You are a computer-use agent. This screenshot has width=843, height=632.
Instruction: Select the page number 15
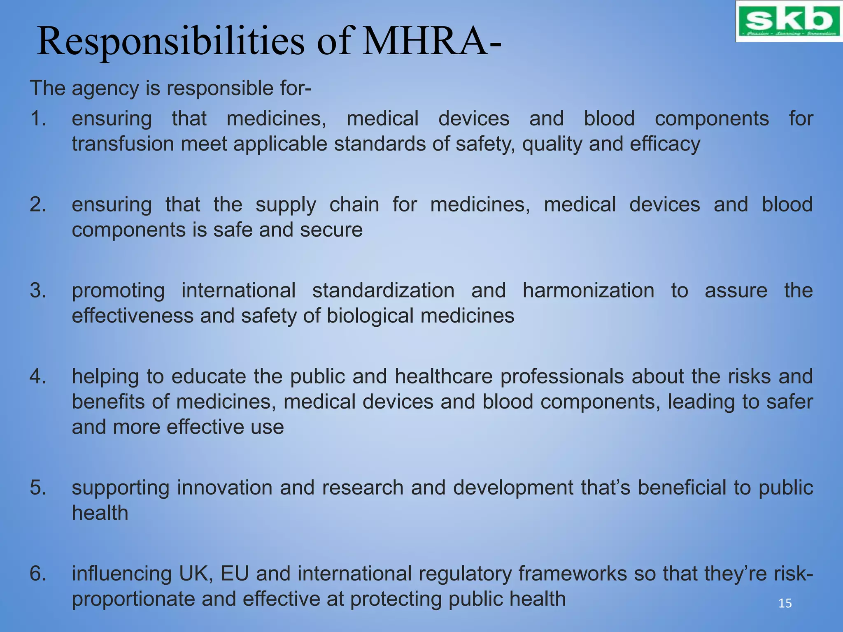point(785,603)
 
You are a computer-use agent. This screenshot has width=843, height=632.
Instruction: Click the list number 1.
point(38,118)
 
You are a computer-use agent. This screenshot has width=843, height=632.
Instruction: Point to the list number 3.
point(38,290)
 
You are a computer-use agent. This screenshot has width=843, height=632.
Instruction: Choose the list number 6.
point(38,574)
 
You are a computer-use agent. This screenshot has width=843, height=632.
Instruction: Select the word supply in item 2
point(286,205)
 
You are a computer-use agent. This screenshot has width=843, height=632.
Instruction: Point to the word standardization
point(383,290)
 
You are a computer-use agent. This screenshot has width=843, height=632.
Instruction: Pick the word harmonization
point(588,290)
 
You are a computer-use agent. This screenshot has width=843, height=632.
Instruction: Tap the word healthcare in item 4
point(443,376)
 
